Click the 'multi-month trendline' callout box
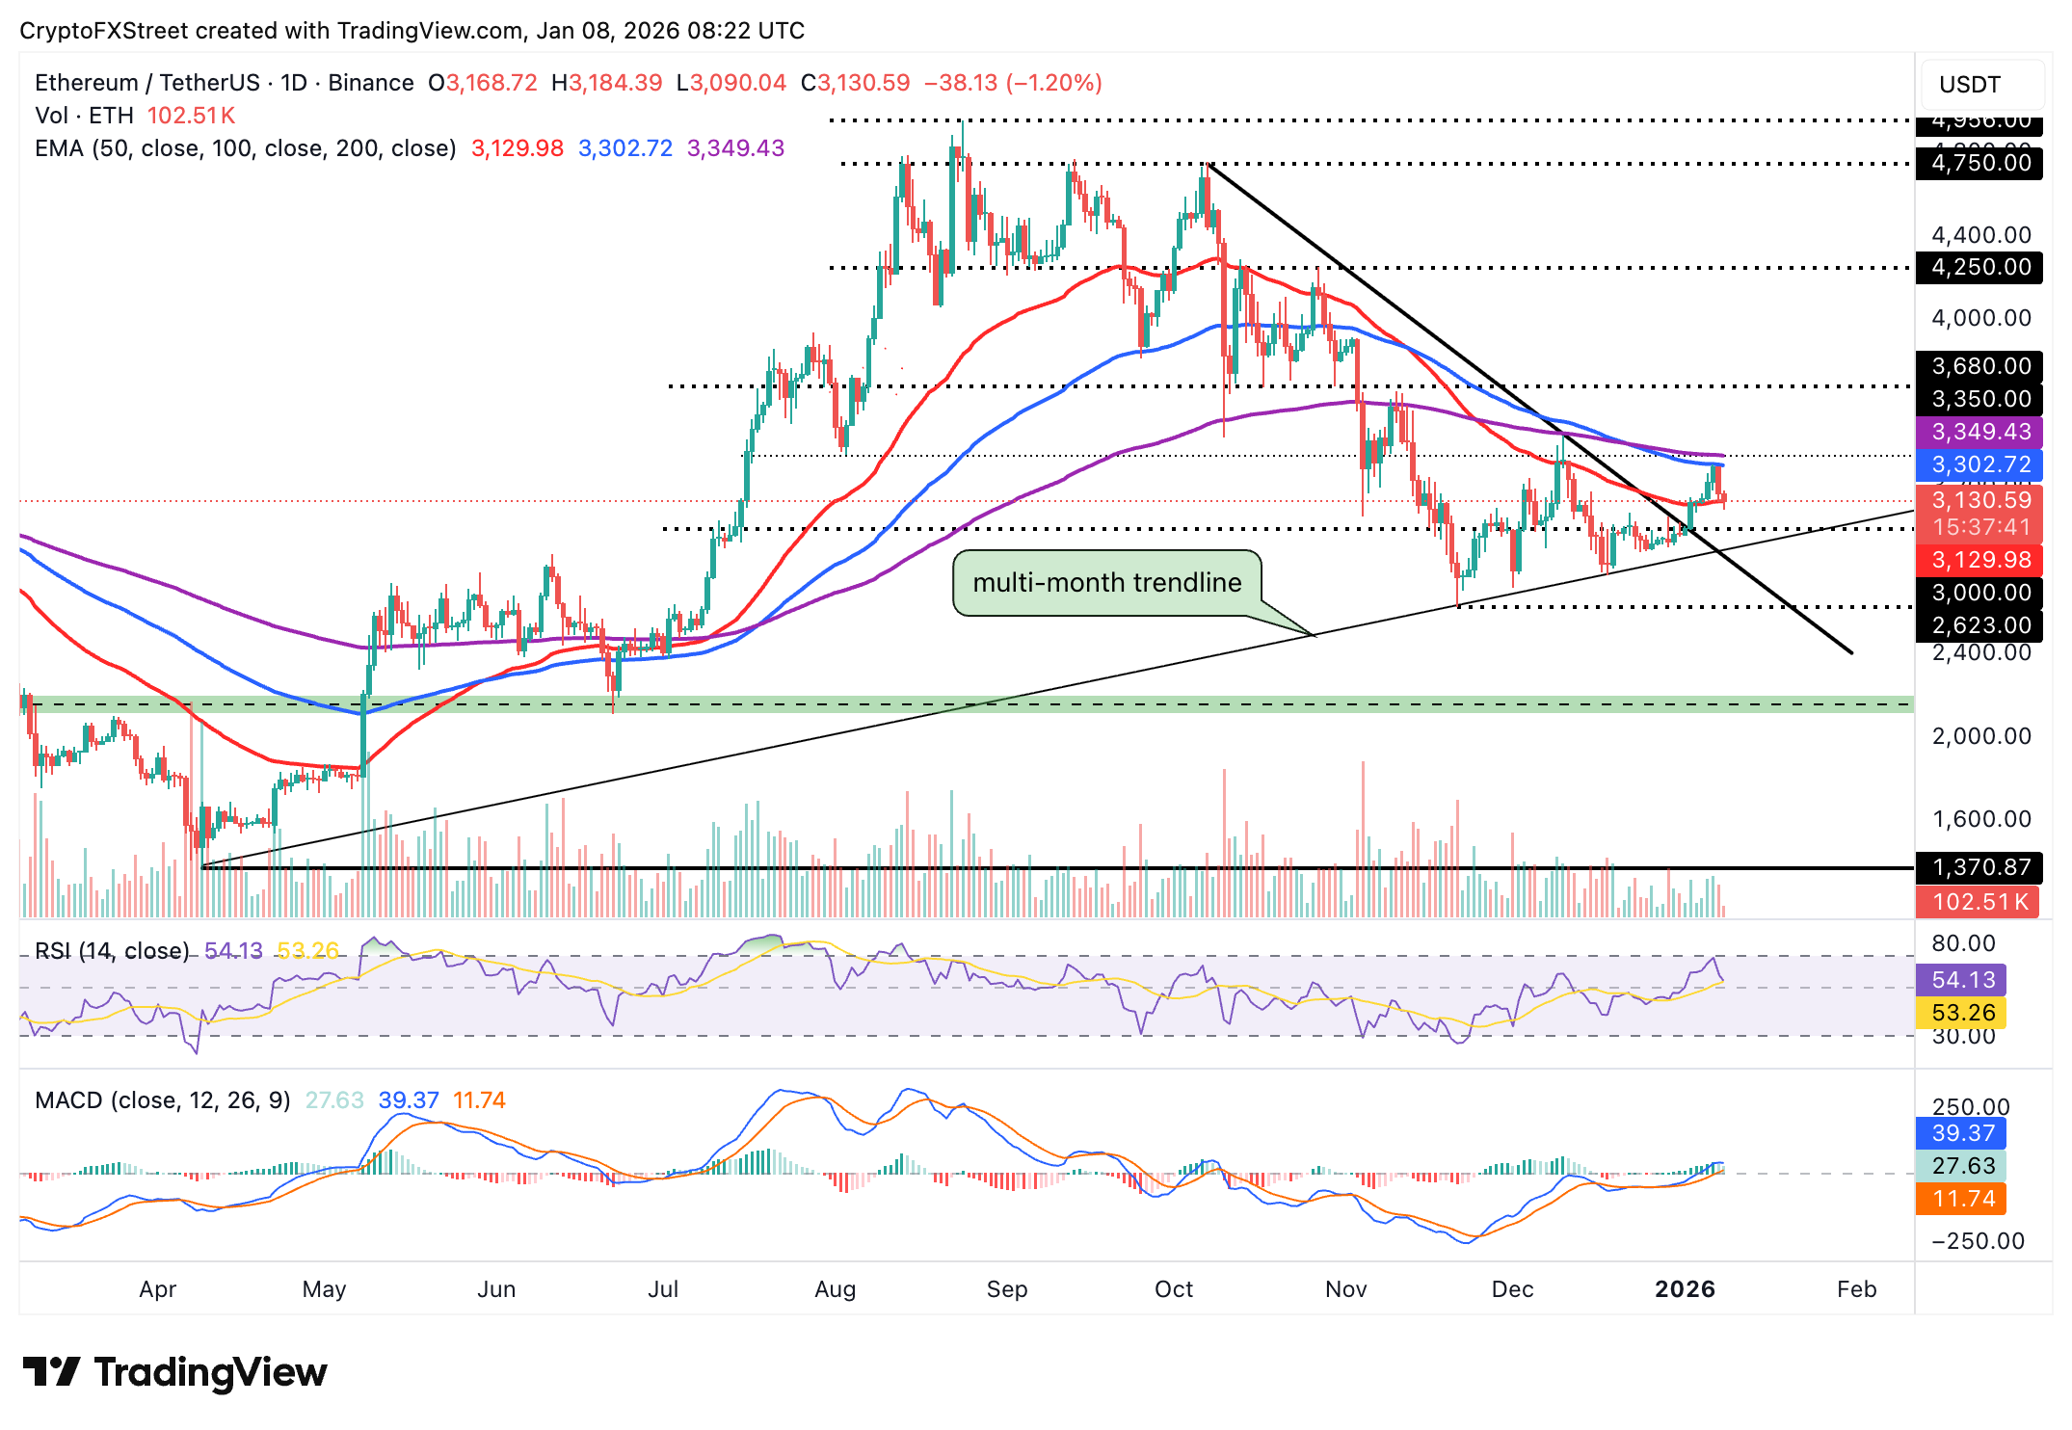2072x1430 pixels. [x=1106, y=582]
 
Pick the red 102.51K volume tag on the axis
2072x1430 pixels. [x=1978, y=902]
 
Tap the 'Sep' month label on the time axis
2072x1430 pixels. [x=1006, y=1289]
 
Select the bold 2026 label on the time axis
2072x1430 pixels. [x=1685, y=1289]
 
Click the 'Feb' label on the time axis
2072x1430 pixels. [x=1856, y=1289]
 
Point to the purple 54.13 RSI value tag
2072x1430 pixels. [x=1962, y=980]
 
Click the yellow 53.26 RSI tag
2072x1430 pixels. [x=1962, y=1013]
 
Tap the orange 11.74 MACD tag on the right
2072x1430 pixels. [x=1962, y=1199]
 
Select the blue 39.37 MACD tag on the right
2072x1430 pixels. [x=1962, y=1133]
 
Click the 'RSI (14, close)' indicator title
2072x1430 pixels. [x=112, y=951]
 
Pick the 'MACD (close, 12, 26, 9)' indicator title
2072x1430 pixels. [x=162, y=1100]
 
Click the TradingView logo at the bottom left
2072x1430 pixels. [x=174, y=1372]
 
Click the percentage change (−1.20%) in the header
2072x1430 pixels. [x=1054, y=83]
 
